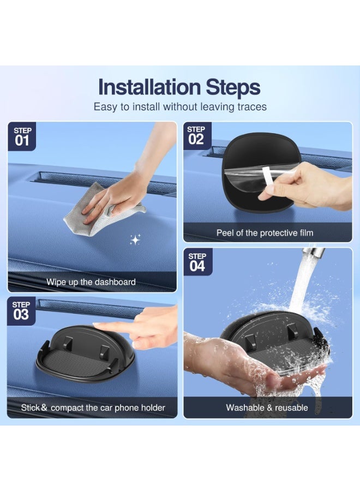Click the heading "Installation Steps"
tap(179, 87)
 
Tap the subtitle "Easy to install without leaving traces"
tap(180, 107)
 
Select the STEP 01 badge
tap(22, 137)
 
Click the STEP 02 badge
tap(197, 136)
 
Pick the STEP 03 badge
tap(21, 312)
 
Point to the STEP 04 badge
tap(197, 262)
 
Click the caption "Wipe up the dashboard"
tap(91, 282)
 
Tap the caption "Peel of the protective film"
tap(265, 232)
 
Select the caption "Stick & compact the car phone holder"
tap(93, 408)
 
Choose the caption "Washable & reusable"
tap(267, 408)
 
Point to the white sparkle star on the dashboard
tap(135, 239)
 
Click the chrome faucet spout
tap(313, 252)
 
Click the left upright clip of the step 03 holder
tap(68, 344)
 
